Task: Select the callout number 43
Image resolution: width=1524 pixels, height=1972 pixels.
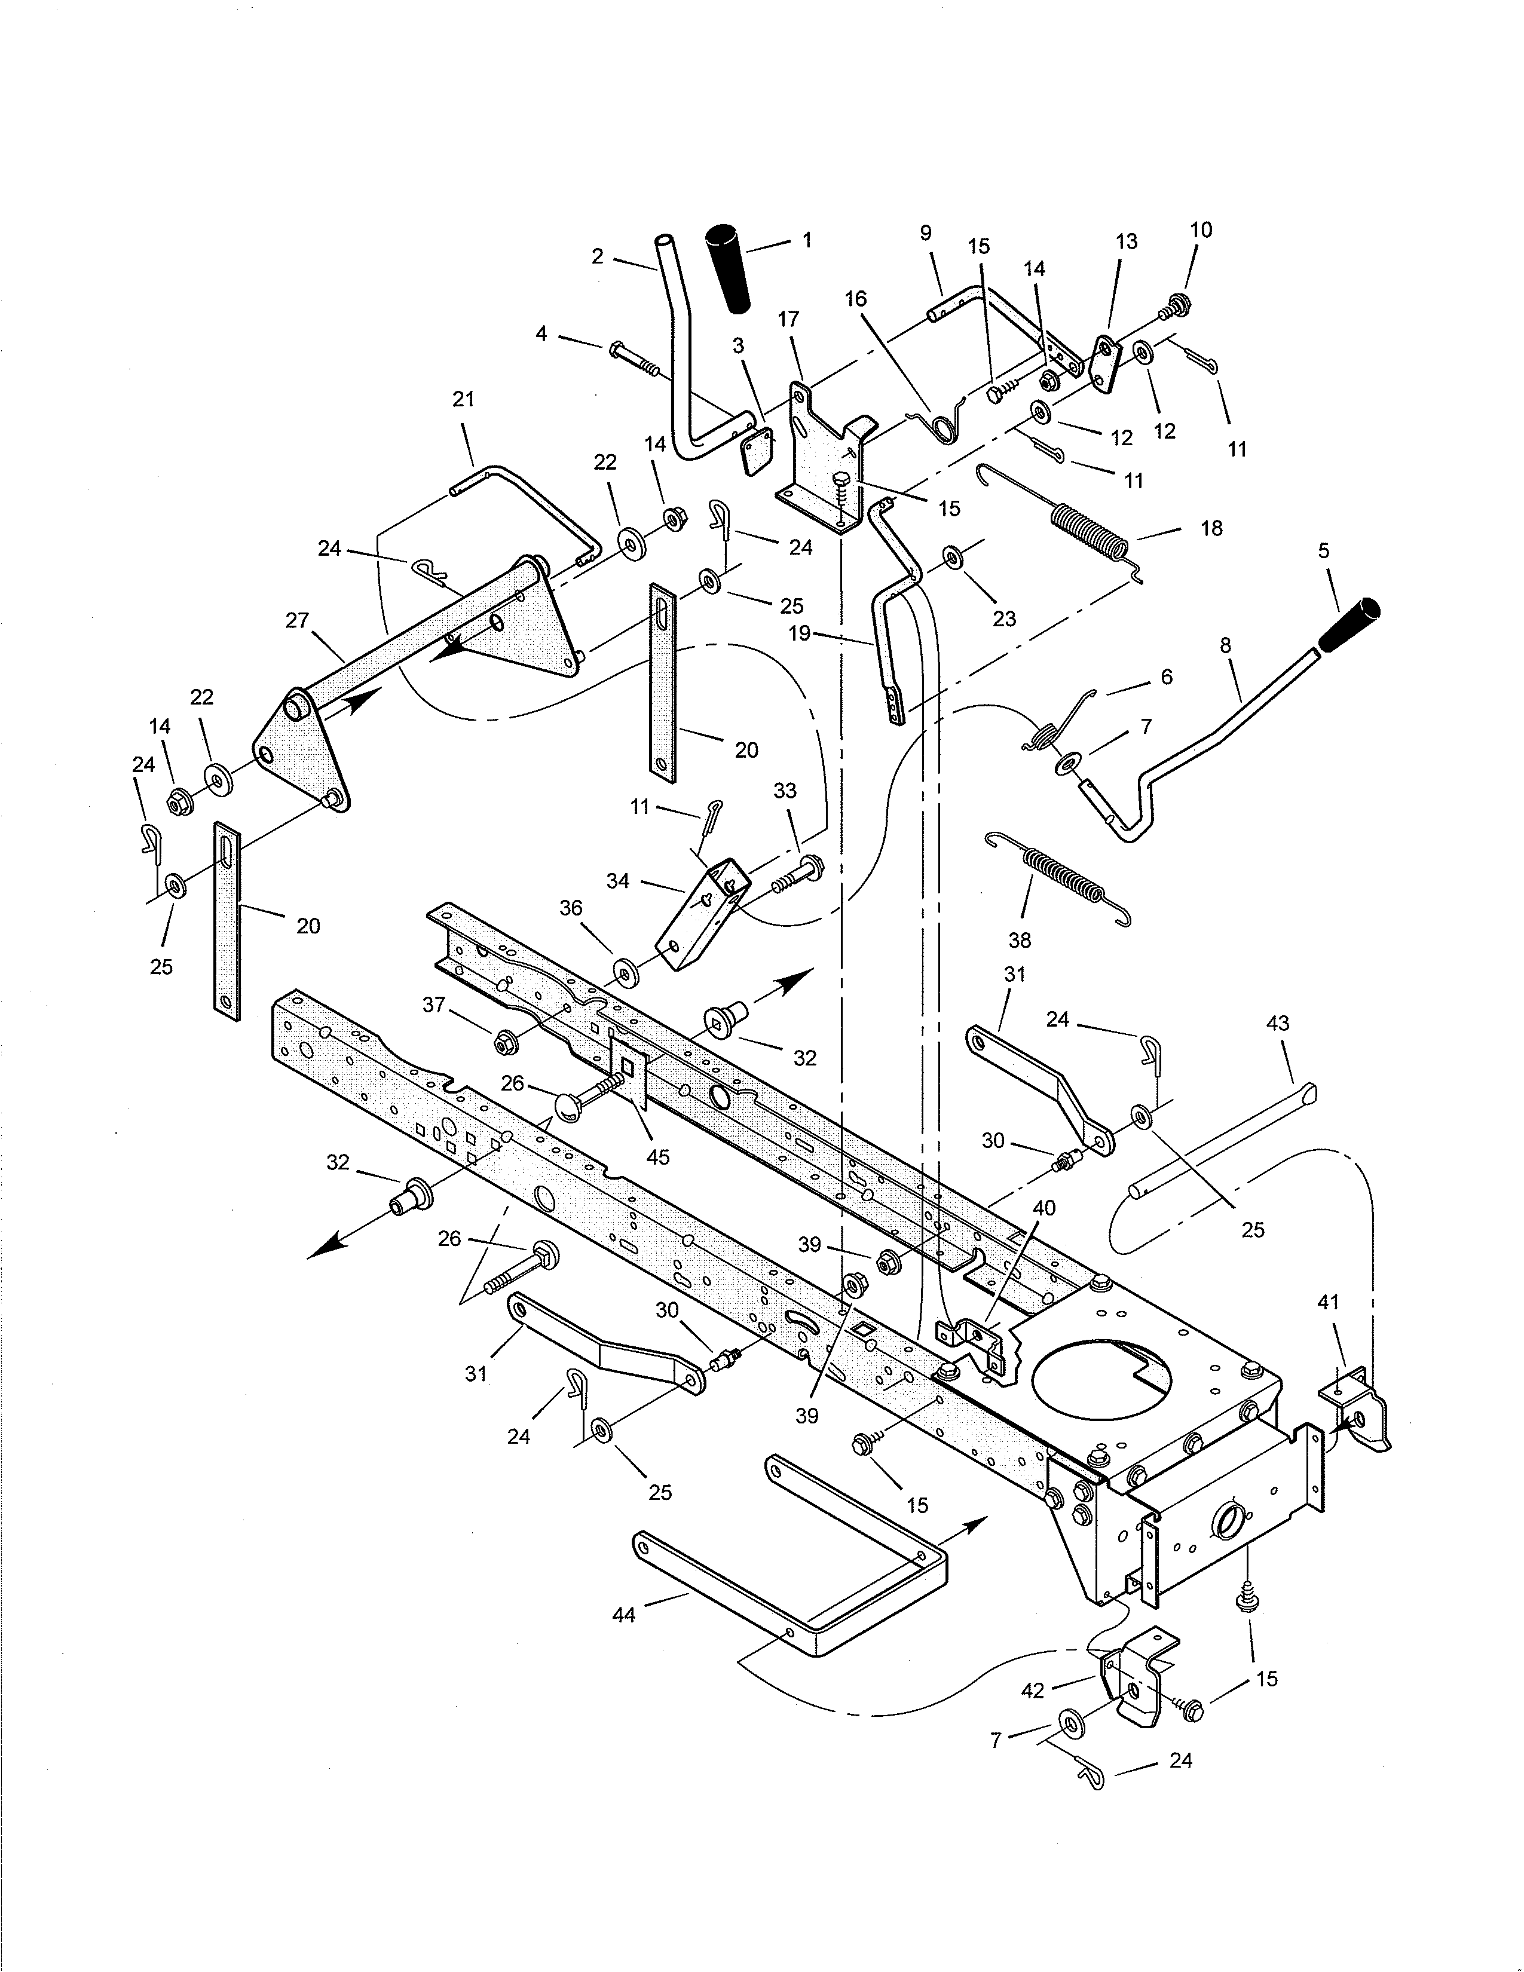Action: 1278,1024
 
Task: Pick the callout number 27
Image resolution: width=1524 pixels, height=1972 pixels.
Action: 297,620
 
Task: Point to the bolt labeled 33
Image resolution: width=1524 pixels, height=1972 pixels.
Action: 792,873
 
